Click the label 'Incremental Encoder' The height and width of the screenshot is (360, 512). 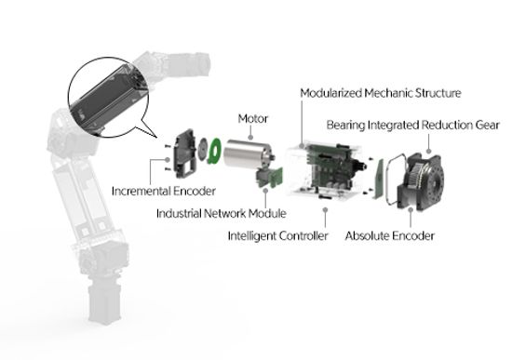(163, 192)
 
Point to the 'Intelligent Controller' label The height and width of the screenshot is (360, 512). (277, 236)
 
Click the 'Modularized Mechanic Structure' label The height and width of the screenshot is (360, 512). (382, 93)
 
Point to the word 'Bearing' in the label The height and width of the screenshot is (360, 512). (346, 125)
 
